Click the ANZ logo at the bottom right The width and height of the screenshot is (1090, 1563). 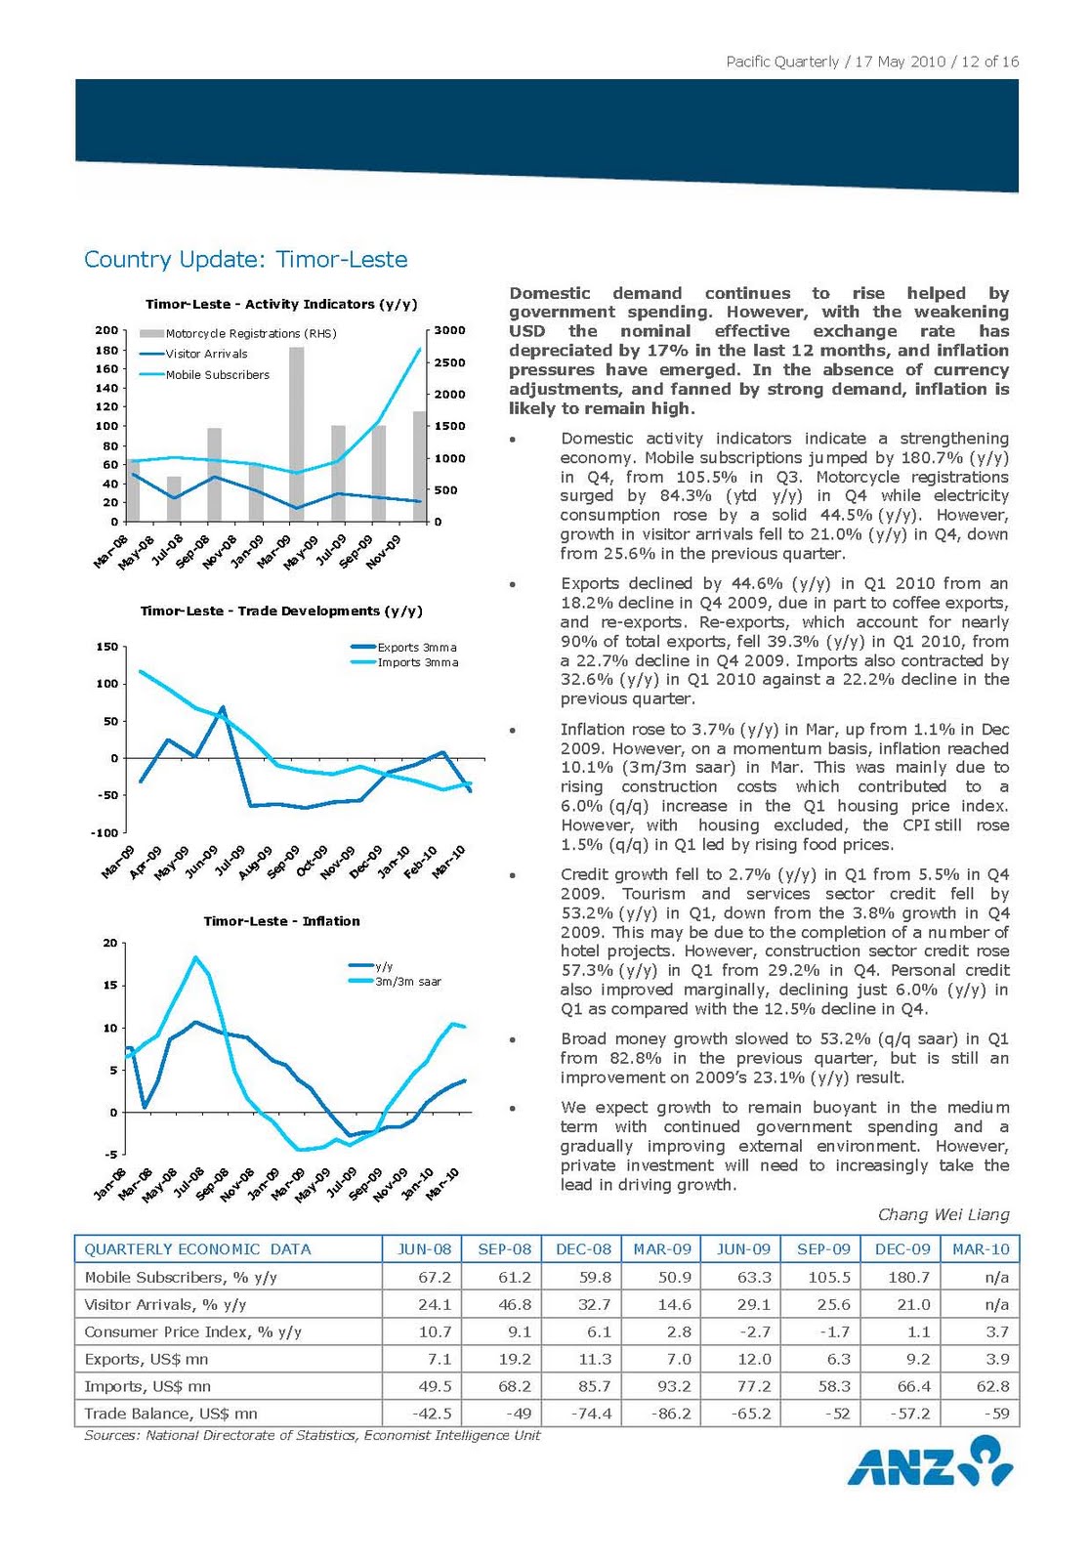click(x=929, y=1462)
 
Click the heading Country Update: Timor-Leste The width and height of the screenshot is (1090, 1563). click(x=245, y=260)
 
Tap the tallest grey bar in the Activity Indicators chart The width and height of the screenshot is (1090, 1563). click(x=296, y=434)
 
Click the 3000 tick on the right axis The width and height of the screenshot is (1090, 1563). click(x=449, y=330)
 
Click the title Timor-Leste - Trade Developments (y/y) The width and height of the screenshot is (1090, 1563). click(x=281, y=612)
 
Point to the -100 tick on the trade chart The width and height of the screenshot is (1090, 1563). click(x=105, y=833)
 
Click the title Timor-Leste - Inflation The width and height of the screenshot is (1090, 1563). click(x=281, y=921)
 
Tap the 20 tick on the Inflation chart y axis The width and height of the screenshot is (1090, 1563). click(x=110, y=944)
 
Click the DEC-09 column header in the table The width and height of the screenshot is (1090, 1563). click(x=901, y=1249)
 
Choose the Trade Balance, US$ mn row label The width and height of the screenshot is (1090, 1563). click(x=171, y=1414)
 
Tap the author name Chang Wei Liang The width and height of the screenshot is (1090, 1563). click(x=943, y=1215)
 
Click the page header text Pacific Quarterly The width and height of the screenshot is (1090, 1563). click(x=781, y=62)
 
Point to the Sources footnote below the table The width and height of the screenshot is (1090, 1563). click(x=312, y=1435)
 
